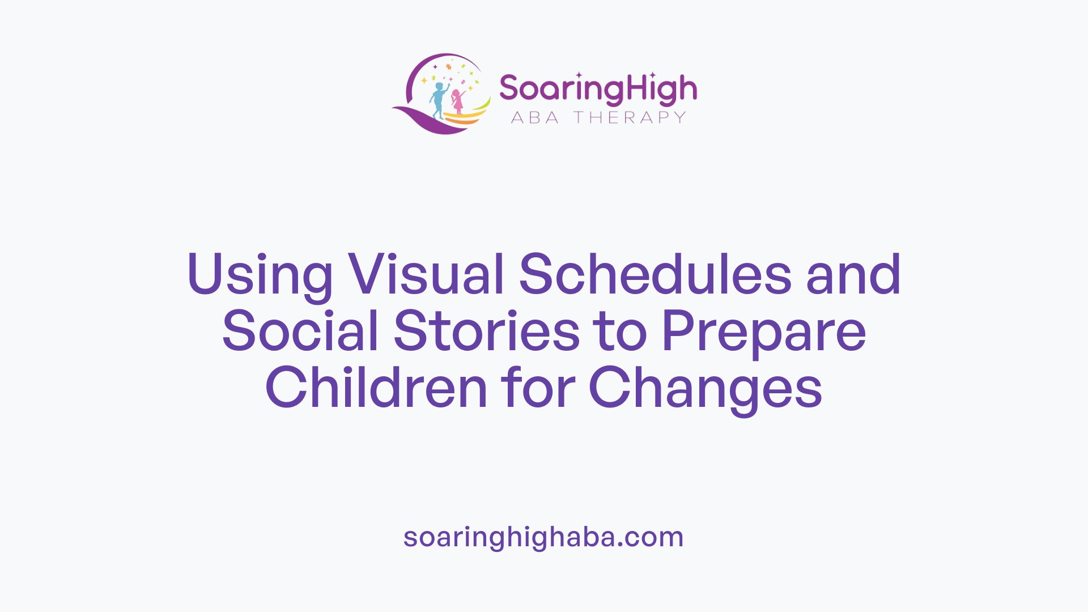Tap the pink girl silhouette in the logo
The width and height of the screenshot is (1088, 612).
[x=457, y=102]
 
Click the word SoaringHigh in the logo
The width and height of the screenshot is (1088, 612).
[x=598, y=90]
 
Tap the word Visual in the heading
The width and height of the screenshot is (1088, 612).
[x=426, y=274]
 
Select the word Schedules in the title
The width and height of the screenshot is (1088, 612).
[x=654, y=274]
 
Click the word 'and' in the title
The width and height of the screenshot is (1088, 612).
[x=853, y=274]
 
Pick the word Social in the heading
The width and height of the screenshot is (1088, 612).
[x=300, y=331]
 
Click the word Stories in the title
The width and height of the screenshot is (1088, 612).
[x=487, y=331]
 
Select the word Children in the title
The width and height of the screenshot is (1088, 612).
[x=376, y=388]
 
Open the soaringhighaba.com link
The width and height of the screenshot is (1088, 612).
[x=543, y=537]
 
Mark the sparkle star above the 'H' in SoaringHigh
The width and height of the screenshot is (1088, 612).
[x=652, y=75]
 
